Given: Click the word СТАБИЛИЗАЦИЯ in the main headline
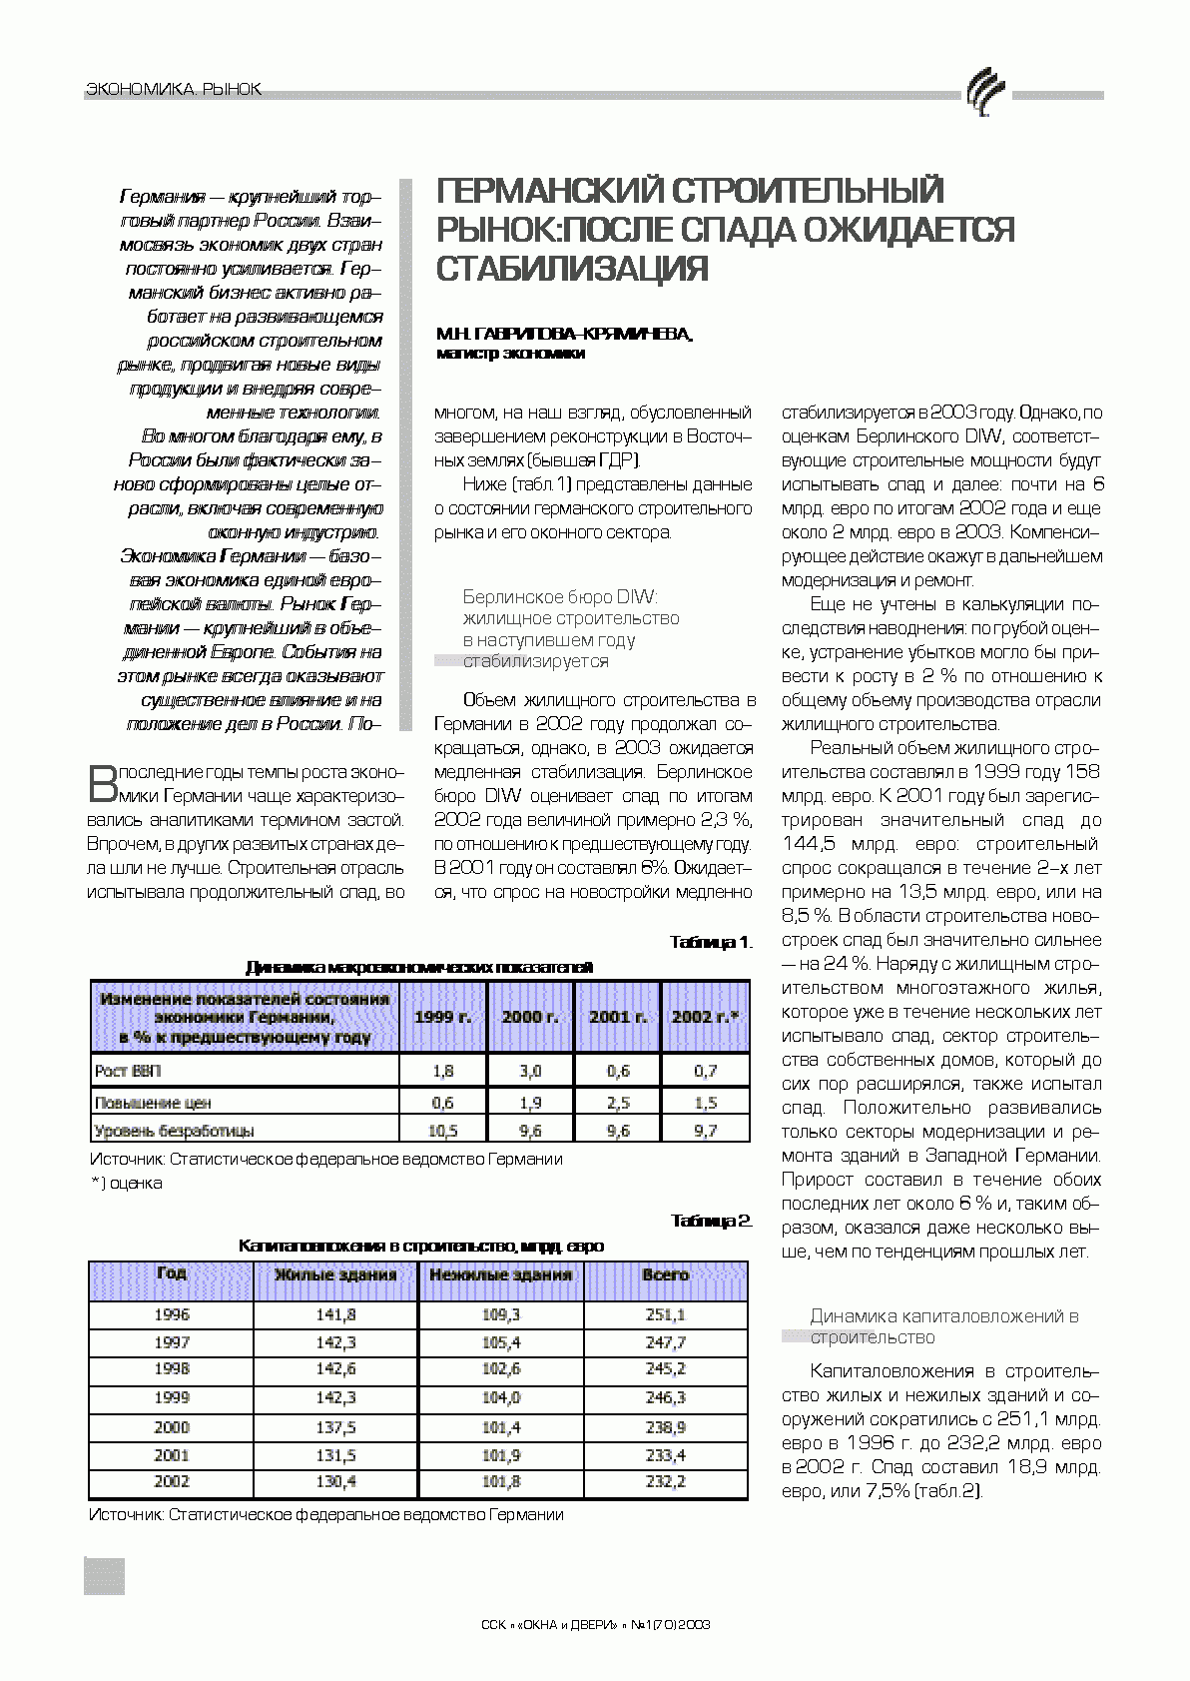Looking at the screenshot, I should tap(573, 269).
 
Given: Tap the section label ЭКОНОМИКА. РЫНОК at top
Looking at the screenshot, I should tap(175, 90).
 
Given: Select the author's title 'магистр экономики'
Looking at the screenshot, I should tap(511, 353).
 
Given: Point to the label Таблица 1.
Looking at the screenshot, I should tap(710, 942).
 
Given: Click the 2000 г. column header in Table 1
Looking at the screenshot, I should tap(530, 1017).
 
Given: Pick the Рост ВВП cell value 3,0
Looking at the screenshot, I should tap(530, 1071).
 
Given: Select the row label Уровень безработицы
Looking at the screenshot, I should tap(174, 1131).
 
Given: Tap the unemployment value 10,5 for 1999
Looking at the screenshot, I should tap(442, 1131).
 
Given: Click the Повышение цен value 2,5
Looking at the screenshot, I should tap(618, 1103).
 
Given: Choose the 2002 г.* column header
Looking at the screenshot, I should tap(705, 1017).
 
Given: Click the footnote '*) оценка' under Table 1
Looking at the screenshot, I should tap(127, 1183).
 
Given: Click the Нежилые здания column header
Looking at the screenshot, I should tap(500, 1274).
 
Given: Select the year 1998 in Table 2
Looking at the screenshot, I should tap(172, 1369).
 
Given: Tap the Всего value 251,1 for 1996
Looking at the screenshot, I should tap(665, 1315).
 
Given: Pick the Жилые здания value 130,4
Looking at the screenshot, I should tap(335, 1482).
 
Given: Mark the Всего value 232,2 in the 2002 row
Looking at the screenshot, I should tap(665, 1482).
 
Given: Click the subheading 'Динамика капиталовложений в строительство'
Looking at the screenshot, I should tap(943, 1326).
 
